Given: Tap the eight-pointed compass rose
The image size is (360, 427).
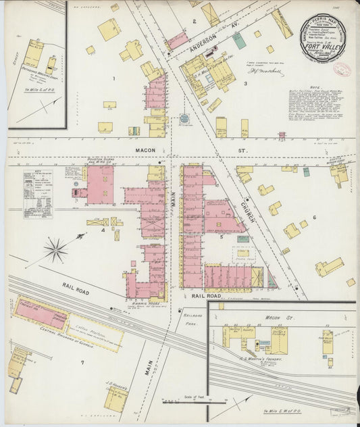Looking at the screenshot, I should coord(56,249).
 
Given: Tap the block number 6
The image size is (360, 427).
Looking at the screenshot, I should coord(314,218).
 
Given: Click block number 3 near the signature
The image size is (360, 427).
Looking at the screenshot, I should coord(245,84).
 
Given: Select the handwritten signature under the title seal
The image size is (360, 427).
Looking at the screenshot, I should coord(266,71).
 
